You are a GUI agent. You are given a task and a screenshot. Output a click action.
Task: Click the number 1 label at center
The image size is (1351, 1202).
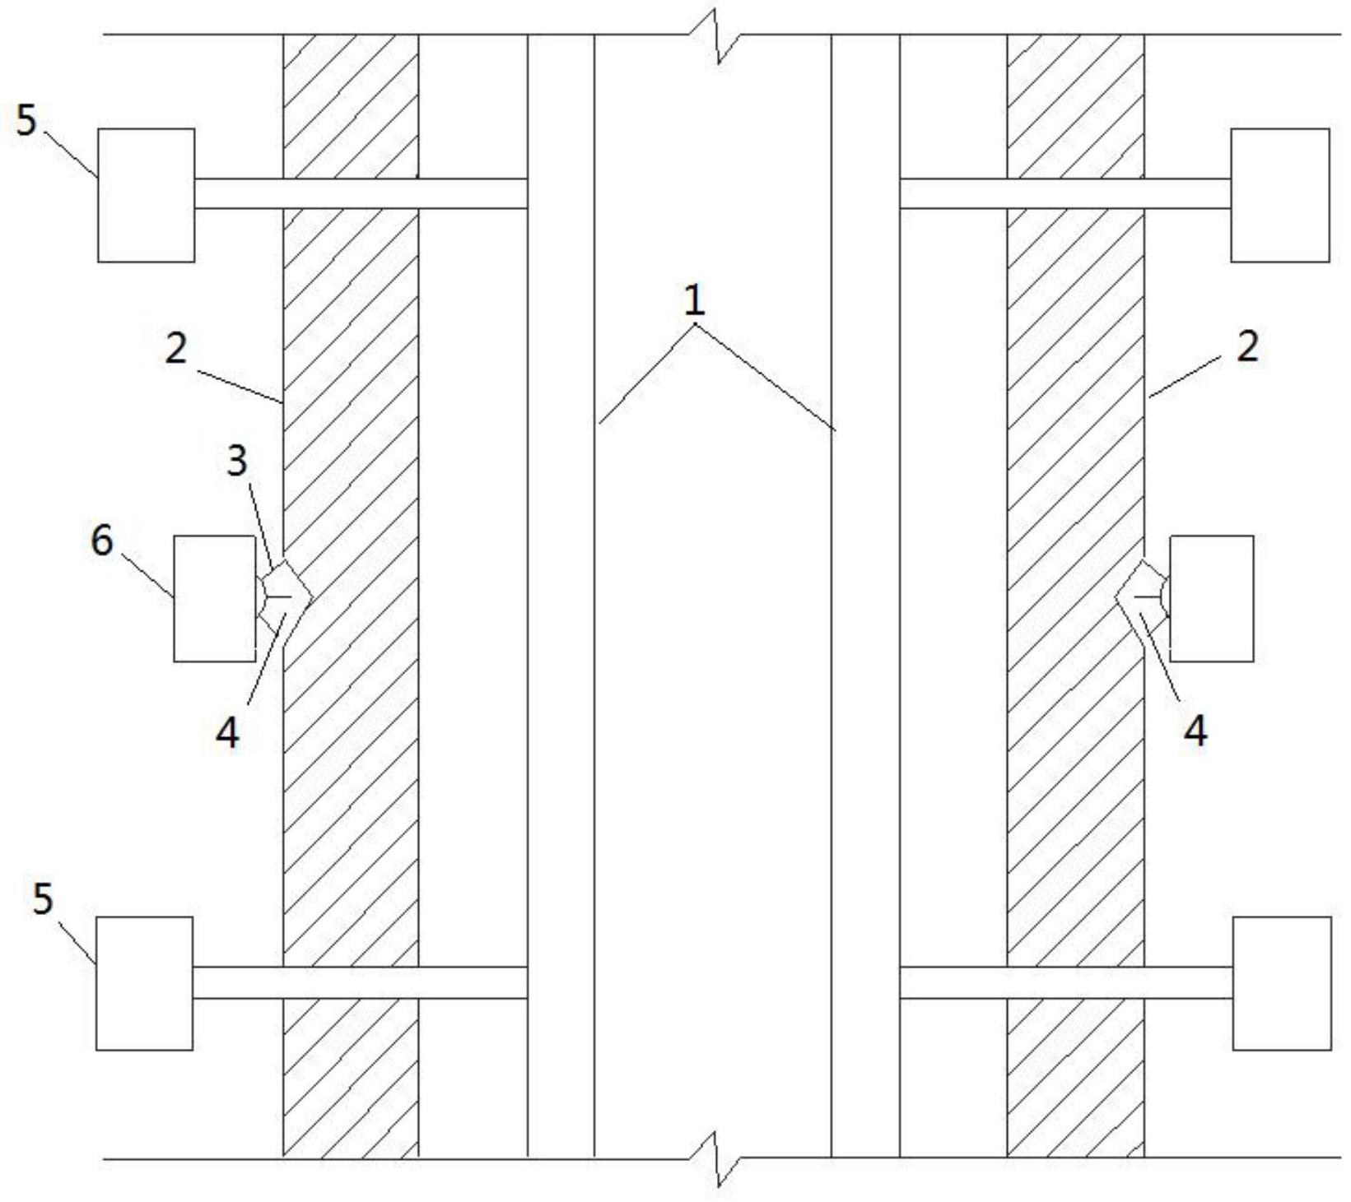click(x=694, y=302)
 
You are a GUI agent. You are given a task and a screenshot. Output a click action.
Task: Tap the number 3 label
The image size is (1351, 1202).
click(x=237, y=461)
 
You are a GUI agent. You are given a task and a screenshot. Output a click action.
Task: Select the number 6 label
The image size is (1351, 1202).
click(x=101, y=541)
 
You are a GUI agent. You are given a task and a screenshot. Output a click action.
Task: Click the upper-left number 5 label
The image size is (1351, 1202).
click(x=26, y=122)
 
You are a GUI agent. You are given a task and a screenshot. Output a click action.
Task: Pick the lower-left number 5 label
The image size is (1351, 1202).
click(x=42, y=898)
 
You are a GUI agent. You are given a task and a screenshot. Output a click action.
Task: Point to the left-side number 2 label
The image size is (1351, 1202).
click(x=176, y=350)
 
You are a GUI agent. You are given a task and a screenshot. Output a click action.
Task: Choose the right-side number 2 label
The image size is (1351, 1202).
click(x=1247, y=347)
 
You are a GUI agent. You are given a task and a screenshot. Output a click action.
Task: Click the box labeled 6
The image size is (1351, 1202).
click(x=215, y=598)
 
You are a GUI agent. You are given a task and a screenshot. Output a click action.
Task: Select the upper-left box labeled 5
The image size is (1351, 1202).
click(x=147, y=195)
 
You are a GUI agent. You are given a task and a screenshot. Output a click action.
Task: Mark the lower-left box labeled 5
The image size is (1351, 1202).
click(x=145, y=983)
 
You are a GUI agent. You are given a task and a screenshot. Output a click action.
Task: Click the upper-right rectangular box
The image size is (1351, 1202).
click(x=1279, y=195)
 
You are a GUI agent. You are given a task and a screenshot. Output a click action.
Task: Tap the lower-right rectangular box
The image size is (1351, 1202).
click(x=1281, y=983)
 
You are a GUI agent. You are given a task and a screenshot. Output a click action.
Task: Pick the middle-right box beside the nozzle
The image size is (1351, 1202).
click(x=1211, y=598)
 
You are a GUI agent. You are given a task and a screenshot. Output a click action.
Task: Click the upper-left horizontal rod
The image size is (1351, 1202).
click(x=361, y=193)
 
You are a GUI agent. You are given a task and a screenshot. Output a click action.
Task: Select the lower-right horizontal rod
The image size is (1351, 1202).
click(x=1066, y=982)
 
